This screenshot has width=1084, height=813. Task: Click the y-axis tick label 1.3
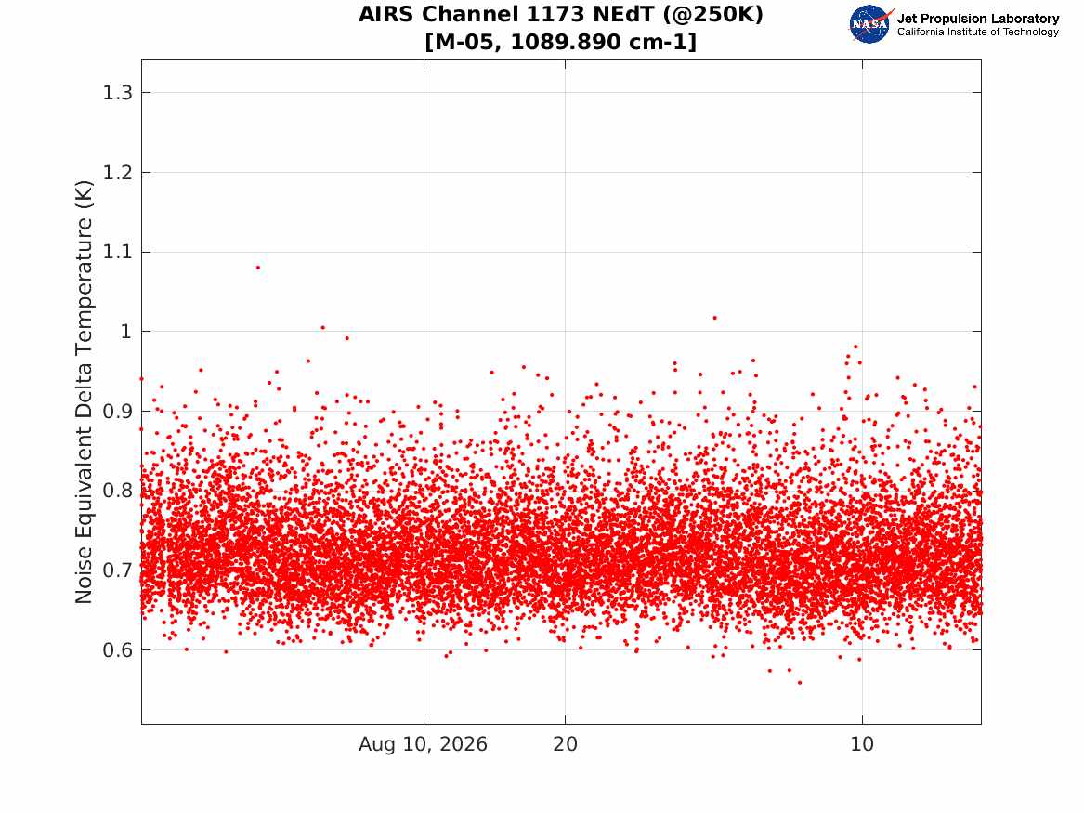click(x=118, y=93)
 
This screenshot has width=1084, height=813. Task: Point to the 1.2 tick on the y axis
click(x=118, y=172)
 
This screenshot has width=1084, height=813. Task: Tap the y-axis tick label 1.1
click(x=118, y=253)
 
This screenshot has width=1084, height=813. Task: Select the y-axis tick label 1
click(x=125, y=332)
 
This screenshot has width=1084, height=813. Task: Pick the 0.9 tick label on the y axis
click(x=118, y=412)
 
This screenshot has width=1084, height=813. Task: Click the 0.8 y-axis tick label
click(x=118, y=491)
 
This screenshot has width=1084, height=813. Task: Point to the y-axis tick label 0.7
click(x=118, y=570)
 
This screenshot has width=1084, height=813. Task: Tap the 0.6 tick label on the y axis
click(x=118, y=650)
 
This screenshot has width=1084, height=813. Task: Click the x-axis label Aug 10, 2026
click(x=423, y=744)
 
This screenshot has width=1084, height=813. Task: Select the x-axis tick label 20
click(x=566, y=744)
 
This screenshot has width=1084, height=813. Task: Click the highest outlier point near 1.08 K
click(x=258, y=268)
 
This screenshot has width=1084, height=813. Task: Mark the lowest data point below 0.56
click(x=800, y=682)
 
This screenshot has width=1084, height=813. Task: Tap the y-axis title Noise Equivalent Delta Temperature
click(x=84, y=392)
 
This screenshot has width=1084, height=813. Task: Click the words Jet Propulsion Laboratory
click(x=978, y=19)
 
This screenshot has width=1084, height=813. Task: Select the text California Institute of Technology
click(x=978, y=32)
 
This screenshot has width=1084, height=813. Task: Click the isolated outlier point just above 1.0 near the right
click(x=715, y=318)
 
